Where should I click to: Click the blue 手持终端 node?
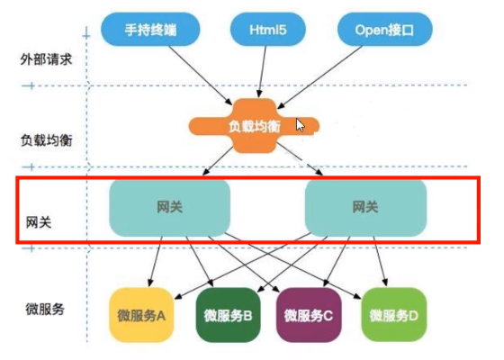(147, 30)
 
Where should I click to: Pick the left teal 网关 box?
(169, 207)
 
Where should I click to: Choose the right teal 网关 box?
(364, 207)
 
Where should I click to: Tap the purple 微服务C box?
(309, 315)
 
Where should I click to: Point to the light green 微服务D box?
(392, 315)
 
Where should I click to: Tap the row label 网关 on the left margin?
(38, 220)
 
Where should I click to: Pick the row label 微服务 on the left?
(43, 309)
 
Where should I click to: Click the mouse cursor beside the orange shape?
(301, 125)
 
